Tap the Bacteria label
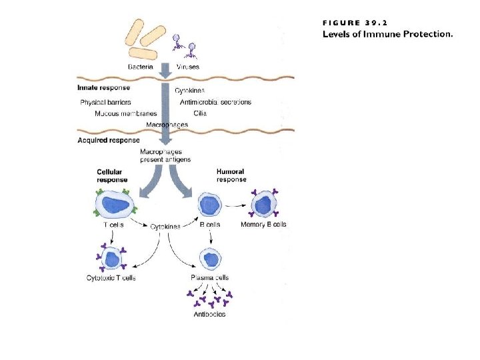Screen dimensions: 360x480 pyautogui.click(x=141, y=67)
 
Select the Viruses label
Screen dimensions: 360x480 pyautogui.click(x=188, y=67)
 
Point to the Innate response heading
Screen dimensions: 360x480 pyautogui.click(x=103, y=87)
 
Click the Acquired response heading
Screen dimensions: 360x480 pyautogui.click(x=109, y=140)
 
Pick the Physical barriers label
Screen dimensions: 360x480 pyautogui.click(x=105, y=102)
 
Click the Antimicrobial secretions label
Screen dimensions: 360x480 pyautogui.click(x=216, y=102)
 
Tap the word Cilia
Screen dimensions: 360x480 pyautogui.click(x=200, y=113)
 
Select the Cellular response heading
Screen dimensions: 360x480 pyautogui.click(x=112, y=176)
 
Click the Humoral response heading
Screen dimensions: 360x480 pyautogui.click(x=231, y=176)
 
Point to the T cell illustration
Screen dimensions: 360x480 pyautogui.click(x=115, y=204)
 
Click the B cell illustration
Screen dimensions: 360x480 pyautogui.click(x=209, y=204)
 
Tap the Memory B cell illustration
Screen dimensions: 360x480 pyautogui.click(x=263, y=203)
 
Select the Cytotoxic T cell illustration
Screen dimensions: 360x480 pyautogui.click(x=111, y=258)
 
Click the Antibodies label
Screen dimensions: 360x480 pyautogui.click(x=209, y=314)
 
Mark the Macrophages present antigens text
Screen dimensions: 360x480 pyautogui.click(x=165, y=156)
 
